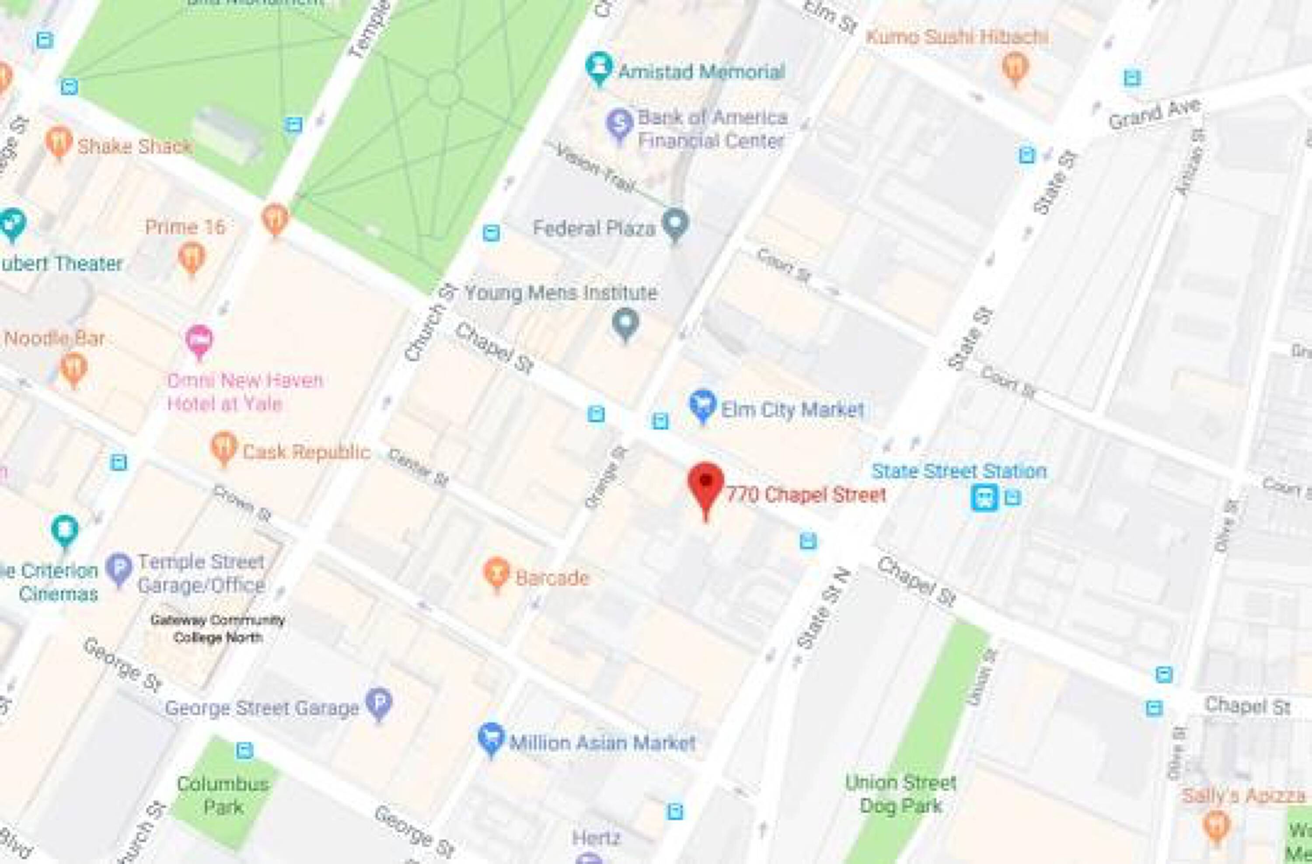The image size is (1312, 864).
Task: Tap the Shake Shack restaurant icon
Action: tap(59, 142)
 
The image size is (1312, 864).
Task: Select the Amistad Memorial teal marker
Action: tap(599, 67)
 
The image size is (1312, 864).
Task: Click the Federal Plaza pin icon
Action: tap(675, 224)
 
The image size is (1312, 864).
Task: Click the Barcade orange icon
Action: tap(496, 572)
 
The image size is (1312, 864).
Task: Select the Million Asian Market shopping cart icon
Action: tap(491, 738)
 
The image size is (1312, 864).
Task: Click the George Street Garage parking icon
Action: tap(380, 702)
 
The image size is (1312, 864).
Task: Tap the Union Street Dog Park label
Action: tap(901, 794)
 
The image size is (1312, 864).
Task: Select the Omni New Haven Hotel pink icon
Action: tap(199, 340)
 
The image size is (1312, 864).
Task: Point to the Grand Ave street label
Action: tap(1154, 114)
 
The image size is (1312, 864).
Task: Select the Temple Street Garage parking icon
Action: tap(119, 569)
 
